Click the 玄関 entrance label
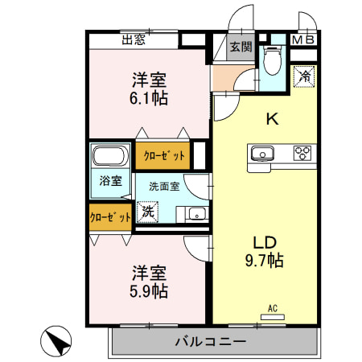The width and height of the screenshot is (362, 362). pos(240,46)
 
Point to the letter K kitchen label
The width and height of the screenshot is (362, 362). pos(273,120)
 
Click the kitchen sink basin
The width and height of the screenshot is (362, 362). pos(262,153)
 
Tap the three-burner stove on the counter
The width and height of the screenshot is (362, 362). pos(303,153)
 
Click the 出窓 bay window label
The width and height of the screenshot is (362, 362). pos(134,37)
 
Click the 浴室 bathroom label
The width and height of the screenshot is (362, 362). pos(110,181)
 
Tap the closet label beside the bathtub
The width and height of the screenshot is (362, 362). pos(164,156)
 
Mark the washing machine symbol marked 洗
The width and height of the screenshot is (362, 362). pos(146,212)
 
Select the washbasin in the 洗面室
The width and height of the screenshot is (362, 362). pos(196,214)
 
